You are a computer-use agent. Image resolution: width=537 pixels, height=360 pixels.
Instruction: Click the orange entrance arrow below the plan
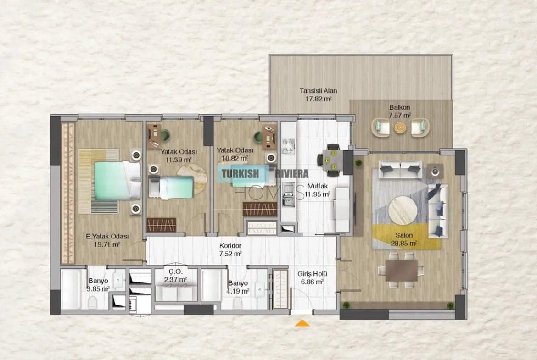point(302,323)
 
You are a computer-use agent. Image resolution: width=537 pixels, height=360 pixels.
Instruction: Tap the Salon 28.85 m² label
point(404,239)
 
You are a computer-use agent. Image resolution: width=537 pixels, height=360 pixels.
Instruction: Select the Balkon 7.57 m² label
point(400,111)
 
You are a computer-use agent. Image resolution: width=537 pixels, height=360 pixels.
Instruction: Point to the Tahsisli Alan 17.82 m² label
point(318,95)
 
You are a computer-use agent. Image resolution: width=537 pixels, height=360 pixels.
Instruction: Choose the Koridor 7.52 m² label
point(230,250)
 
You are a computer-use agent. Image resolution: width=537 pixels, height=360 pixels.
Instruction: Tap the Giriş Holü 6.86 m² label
point(312,278)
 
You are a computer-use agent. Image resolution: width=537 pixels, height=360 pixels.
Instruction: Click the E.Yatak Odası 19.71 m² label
point(107,240)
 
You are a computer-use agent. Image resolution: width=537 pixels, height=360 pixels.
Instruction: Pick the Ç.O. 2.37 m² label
point(175,276)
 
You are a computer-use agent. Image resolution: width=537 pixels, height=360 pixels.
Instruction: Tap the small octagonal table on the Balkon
point(400,127)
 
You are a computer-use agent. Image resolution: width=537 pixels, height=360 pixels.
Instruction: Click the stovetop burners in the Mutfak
point(288,146)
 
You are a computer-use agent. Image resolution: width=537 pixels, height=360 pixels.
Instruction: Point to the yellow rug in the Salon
point(406,236)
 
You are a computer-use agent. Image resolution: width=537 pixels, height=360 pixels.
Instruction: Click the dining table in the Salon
point(402,270)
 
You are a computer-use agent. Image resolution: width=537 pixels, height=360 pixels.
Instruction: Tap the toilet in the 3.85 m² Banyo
point(92,302)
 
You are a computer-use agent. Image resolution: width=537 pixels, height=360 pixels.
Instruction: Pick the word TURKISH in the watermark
point(240,174)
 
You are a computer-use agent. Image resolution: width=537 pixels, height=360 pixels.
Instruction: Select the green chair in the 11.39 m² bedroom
point(165,135)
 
